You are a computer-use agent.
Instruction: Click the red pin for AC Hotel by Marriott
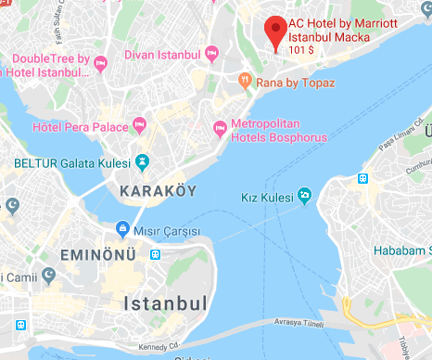(x=273, y=31)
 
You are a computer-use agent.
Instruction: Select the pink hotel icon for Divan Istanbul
(x=212, y=55)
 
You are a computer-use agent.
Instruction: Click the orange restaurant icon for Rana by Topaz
(x=244, y=81)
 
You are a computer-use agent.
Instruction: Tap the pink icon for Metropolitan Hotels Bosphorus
(x=220, y=125)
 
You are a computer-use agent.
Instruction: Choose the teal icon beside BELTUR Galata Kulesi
(x=143, y=161)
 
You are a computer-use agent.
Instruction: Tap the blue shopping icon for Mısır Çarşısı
(x=121, y=228)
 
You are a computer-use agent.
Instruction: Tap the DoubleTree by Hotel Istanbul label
(x=50, y=65)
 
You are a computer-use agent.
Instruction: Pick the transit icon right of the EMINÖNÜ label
(x=156, y=253)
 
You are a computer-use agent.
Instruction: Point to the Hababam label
(x=401, y=251)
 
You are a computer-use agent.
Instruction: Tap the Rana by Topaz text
(x=295, y=82)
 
